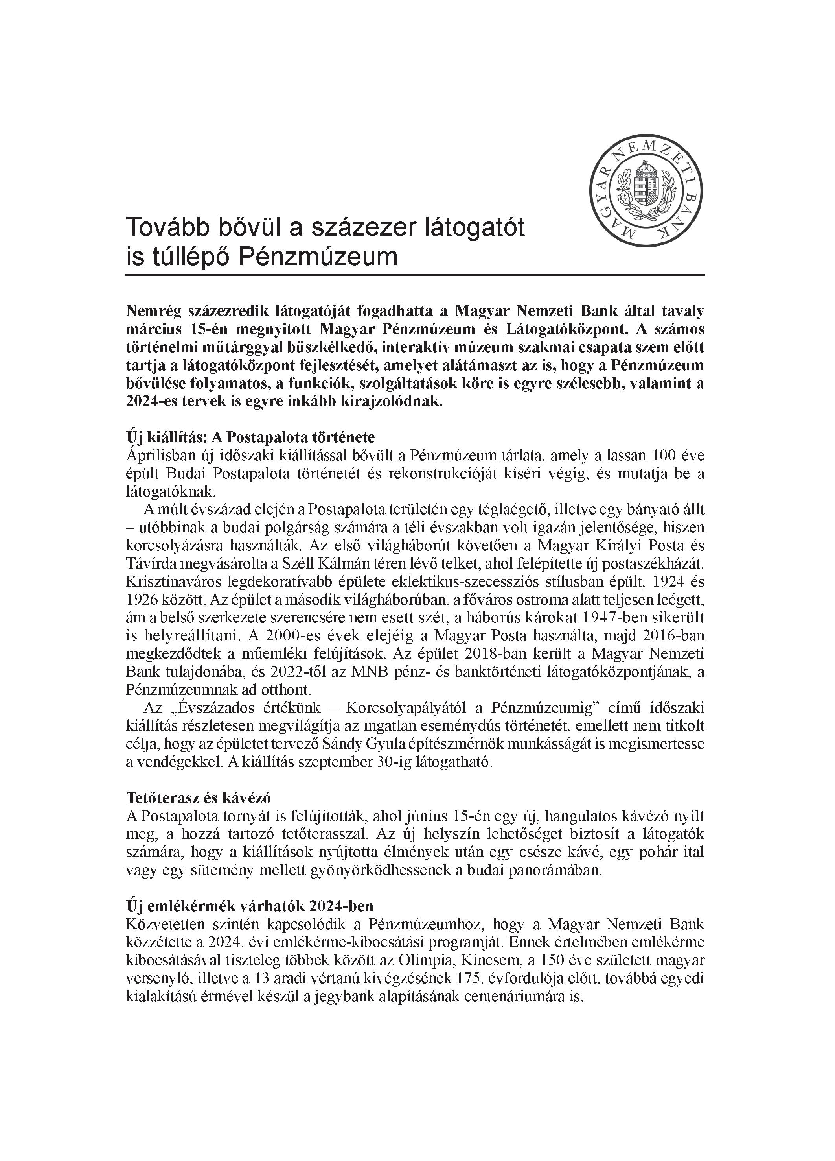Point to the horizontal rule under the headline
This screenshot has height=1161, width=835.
pyautogui.click(x=414, y=275)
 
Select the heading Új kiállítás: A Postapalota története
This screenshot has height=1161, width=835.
pyautogui.click(x=251, y=437)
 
